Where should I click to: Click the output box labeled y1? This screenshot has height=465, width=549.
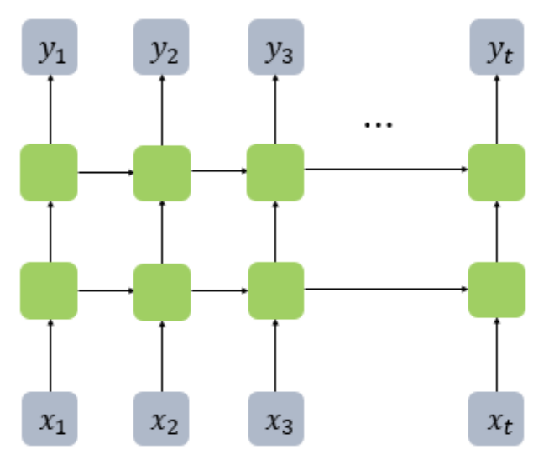49,46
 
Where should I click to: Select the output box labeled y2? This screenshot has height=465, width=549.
161,46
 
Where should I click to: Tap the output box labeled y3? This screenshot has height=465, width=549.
274,46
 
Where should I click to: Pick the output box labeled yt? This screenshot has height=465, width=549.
497,46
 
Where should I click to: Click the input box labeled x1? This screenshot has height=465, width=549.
49,420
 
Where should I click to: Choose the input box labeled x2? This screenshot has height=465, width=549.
161,420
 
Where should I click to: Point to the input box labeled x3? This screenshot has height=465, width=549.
274,420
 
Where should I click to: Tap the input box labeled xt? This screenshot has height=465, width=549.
497,420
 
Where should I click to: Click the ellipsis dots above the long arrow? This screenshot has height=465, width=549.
378,125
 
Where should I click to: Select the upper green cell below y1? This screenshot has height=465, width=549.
49,172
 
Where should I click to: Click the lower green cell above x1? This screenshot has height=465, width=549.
49,290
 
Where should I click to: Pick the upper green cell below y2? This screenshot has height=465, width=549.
161,173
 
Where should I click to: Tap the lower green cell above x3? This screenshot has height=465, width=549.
274,290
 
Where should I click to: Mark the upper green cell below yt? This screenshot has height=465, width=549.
497,172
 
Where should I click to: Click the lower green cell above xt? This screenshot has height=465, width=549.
497,290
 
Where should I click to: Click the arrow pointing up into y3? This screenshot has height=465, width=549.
274,109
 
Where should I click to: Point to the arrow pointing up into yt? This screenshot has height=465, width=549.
497,109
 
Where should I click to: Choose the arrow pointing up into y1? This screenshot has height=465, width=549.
49,109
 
